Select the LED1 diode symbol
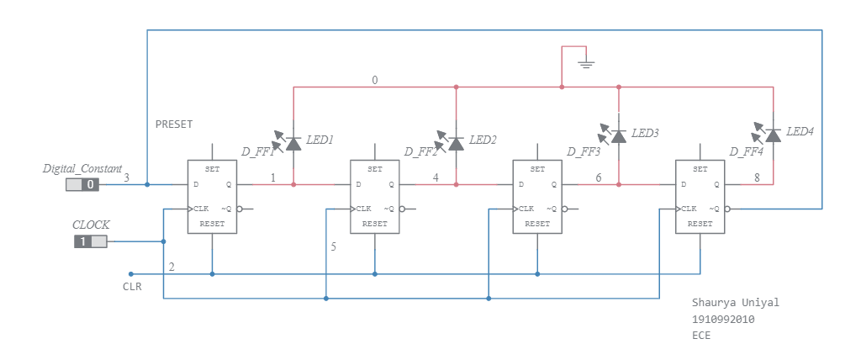coord(293,143)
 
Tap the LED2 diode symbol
coord(456,143)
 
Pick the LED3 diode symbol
coord(619,135)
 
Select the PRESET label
coord(174,124)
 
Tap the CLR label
coord(132,287)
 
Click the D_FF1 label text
coord(258,151)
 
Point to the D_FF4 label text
coord(746,151)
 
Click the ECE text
coord(701,335)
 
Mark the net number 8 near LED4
coord(757,177)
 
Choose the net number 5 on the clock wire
coord(333,247)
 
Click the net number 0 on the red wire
coord(375,80)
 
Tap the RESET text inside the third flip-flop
coord(537,225)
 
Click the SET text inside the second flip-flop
coord(375,169)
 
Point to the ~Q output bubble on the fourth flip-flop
coord(728,209)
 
